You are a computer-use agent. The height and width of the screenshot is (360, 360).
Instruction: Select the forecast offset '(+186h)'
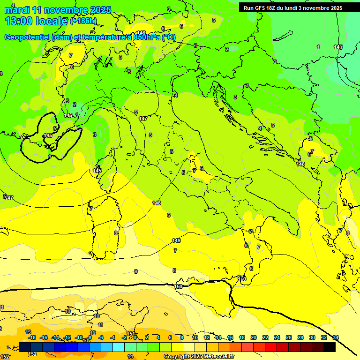(x=83, y=21)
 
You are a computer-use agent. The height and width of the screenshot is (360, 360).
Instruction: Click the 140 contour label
(x=338, y=47)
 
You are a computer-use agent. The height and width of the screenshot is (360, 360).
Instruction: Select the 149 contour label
(x=176, y=240)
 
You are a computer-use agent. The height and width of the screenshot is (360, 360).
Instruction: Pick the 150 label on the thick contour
(x=179, y=286)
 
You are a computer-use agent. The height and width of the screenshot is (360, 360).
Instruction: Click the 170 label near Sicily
(x=242, y=279)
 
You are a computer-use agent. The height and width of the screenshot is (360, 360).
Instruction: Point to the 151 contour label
(x=131, y=334)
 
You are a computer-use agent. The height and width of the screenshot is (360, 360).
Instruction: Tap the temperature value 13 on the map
(x=28, y=332)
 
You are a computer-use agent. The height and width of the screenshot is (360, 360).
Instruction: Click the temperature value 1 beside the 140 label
(x=318, y=47)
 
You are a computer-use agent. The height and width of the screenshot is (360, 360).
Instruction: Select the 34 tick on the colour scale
(x=335, y=337)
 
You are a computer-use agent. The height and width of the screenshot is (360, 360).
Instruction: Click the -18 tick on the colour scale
(x=32, y=337)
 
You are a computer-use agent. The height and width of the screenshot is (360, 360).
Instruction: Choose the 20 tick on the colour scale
(x=254, y=337)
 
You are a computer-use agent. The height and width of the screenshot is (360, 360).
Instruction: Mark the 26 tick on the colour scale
(x=288, y=337)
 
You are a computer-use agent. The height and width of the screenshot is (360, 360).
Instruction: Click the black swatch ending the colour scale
(x=330, y=347)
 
